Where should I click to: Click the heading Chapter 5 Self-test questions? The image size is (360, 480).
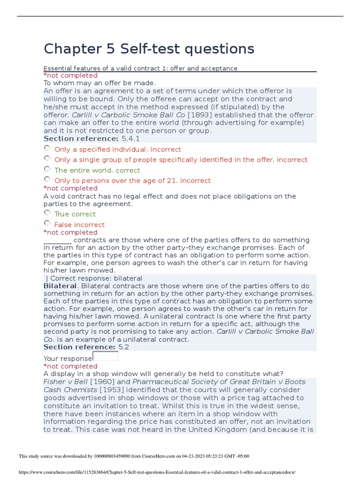(x=149, y=48)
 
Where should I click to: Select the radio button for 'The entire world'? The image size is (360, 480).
(x=47, y=169)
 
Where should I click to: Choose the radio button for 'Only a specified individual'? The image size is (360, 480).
(x=47, y=149)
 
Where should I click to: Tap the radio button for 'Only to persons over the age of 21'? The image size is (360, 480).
(x=47, y=180)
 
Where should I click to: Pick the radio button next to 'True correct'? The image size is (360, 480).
(x=47, y=213)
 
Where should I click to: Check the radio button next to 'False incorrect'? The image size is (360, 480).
(x=47, y=224)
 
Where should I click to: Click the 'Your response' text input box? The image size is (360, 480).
(x=105, y=356)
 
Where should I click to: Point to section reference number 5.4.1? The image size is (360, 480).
(x=130, y=139)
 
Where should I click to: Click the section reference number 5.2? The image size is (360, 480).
(x=124, y=347)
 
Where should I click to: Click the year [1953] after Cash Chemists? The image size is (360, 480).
(x=109, y=390)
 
